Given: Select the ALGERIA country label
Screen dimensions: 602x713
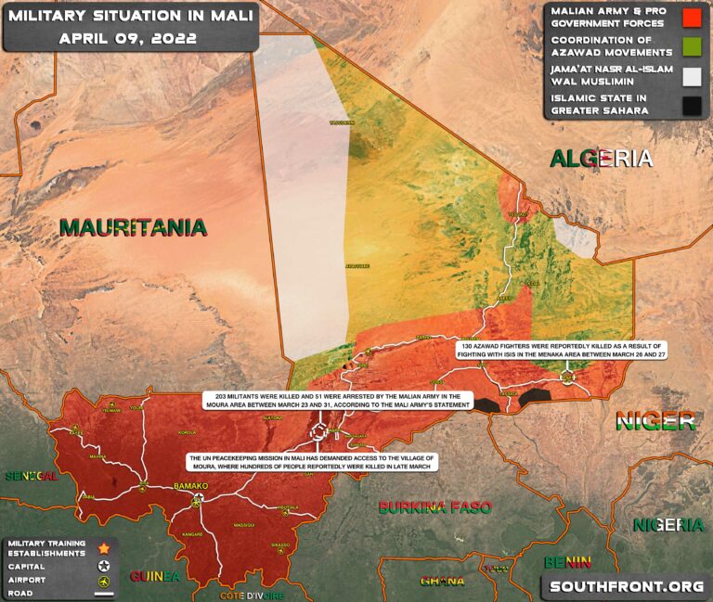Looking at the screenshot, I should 602,159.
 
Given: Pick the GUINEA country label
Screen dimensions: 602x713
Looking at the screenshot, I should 156,576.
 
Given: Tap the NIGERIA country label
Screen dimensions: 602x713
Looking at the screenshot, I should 669,525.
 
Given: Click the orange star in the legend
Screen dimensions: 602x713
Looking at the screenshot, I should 104,548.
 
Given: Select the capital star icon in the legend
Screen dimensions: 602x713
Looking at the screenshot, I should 104,564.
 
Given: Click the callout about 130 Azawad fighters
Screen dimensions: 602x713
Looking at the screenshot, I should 564,350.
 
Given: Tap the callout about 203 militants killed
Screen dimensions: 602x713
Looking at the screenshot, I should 338,401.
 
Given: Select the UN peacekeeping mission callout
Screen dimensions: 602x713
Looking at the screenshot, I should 311,463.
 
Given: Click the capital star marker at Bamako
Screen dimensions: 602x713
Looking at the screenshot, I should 197,500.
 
